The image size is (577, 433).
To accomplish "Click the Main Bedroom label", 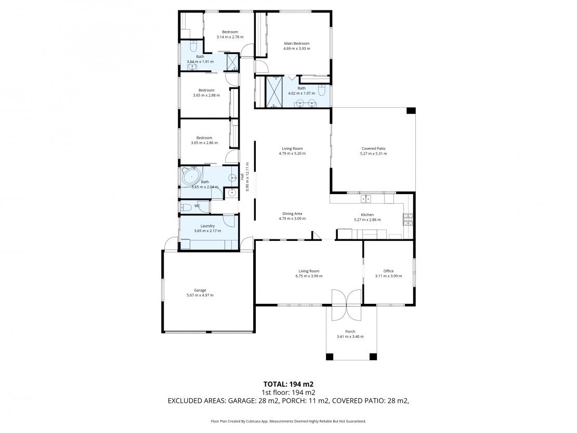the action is click(297, 44).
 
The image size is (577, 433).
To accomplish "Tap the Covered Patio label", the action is click(374, 148).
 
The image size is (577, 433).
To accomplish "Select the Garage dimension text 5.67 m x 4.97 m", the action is click(200, 295).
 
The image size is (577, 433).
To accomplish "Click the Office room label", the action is click(389, 271).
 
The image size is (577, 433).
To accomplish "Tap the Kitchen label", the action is click(367, 214).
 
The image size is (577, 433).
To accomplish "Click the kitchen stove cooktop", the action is click(408, 219).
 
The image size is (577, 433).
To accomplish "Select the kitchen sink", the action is click(366, 199).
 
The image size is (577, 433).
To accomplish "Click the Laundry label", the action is click(207, 226).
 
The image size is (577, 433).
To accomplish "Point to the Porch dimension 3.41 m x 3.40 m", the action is click(350, 336).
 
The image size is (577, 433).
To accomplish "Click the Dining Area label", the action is click(292, 214).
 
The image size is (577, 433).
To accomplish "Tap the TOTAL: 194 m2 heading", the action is click(288, 385).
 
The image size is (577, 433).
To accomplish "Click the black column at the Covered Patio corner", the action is click(411, 110).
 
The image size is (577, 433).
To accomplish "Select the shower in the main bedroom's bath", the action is click(274, 92).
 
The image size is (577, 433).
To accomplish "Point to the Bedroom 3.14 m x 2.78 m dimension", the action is click(230, 37).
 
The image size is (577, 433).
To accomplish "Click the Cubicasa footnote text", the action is click(288, 421).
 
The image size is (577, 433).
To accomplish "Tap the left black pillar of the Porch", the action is click(330, 356).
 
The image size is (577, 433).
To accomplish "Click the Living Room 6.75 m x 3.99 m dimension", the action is click(309, 276).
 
